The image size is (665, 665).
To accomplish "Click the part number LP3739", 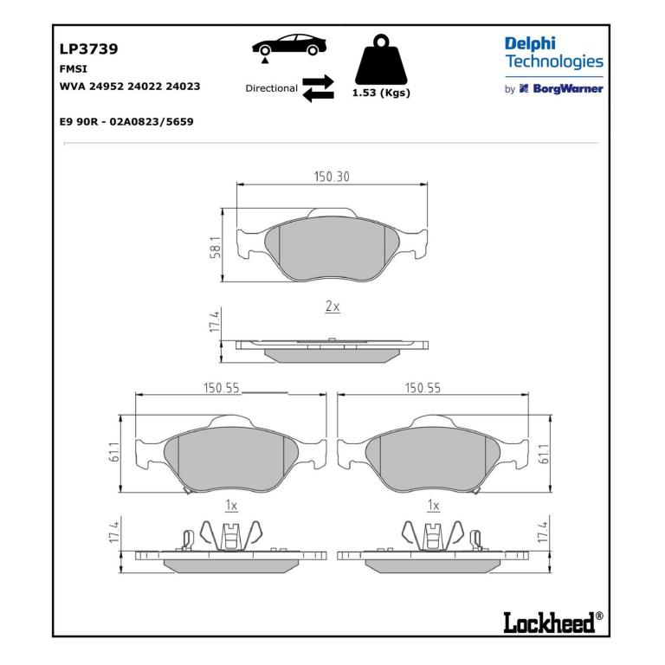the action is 88,49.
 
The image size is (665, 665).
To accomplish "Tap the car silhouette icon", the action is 289,45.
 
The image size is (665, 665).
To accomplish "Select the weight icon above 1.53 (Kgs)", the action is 381,60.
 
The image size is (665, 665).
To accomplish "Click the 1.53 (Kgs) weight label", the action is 381,93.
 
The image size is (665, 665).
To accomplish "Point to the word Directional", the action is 271,88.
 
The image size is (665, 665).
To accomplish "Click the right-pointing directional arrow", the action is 318,81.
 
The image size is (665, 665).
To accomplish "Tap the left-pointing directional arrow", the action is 318,95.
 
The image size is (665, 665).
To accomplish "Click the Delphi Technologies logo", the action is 554,53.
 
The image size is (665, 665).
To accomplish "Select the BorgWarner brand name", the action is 568,88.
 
